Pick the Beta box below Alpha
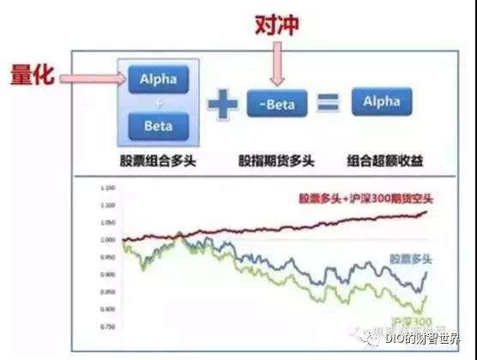(157, 126)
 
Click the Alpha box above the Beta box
(157, 81)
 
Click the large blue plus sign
(221, 104)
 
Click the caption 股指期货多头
(276, 160)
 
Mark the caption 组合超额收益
(381, 160)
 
